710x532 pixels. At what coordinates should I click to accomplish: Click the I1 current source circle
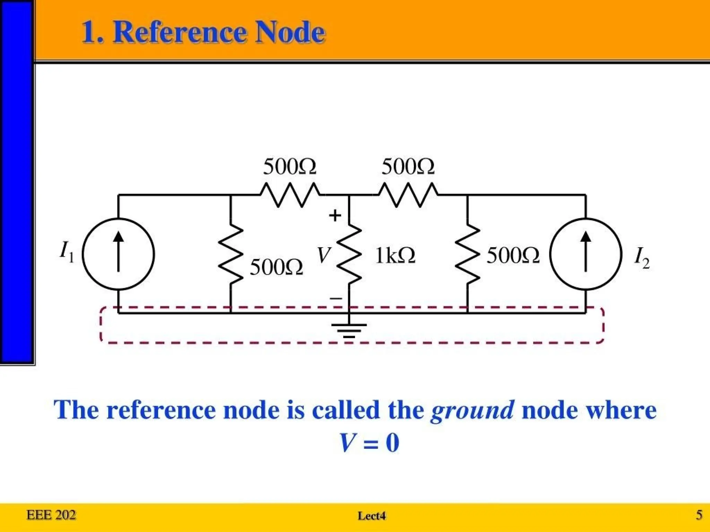118,254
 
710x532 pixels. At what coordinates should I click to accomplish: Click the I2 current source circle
586,254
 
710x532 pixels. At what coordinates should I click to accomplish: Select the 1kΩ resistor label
395,256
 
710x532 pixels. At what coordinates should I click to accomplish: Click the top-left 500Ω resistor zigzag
290,195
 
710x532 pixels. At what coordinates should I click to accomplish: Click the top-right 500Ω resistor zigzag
408,195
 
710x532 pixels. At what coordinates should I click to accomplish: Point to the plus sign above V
335,215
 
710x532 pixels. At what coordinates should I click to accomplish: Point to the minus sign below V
336,298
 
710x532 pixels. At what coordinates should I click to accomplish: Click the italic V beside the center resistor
324,256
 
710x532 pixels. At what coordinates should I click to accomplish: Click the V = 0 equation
370,443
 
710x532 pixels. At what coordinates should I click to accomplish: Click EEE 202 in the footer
51,515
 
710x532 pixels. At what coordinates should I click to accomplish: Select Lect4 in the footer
372,516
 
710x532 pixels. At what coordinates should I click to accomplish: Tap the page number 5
699,515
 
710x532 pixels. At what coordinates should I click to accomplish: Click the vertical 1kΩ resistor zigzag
349,254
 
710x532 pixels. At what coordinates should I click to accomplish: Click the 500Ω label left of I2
513,256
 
